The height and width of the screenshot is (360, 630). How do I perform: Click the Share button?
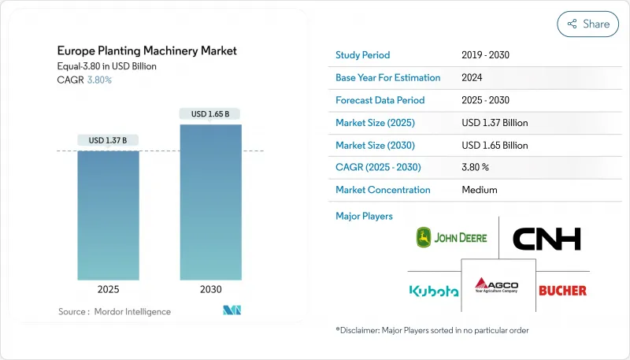[587, 24]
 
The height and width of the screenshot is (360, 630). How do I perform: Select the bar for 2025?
[109, 215]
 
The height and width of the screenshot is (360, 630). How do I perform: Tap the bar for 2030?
[211, 202]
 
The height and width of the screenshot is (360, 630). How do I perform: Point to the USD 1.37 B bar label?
[108, 140]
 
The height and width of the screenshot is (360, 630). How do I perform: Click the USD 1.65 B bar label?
[210, 114]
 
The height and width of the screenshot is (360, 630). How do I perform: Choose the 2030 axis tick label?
[211, 289]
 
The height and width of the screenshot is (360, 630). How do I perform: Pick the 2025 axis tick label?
[109, 289]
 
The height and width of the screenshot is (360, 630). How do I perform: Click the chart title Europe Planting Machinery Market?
[147, 51]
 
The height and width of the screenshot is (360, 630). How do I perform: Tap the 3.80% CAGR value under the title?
[99, 80]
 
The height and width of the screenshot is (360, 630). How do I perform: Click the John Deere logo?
[451, 237]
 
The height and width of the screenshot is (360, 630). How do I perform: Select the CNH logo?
[547, 239]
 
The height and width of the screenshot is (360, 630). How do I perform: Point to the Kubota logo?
[434, 291]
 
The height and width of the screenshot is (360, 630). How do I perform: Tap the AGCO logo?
[497, 285]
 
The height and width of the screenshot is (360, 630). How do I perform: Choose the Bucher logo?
[562, 291]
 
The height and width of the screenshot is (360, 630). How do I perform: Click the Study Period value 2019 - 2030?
[485, 55]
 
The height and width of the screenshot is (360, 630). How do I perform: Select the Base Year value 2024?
[472, 77]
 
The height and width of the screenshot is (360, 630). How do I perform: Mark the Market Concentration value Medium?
[480, 190]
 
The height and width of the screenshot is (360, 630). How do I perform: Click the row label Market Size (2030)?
[376, 146]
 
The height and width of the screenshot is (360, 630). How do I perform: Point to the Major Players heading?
[364, 216]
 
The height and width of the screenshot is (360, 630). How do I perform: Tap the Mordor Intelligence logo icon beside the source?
[232, 310]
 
